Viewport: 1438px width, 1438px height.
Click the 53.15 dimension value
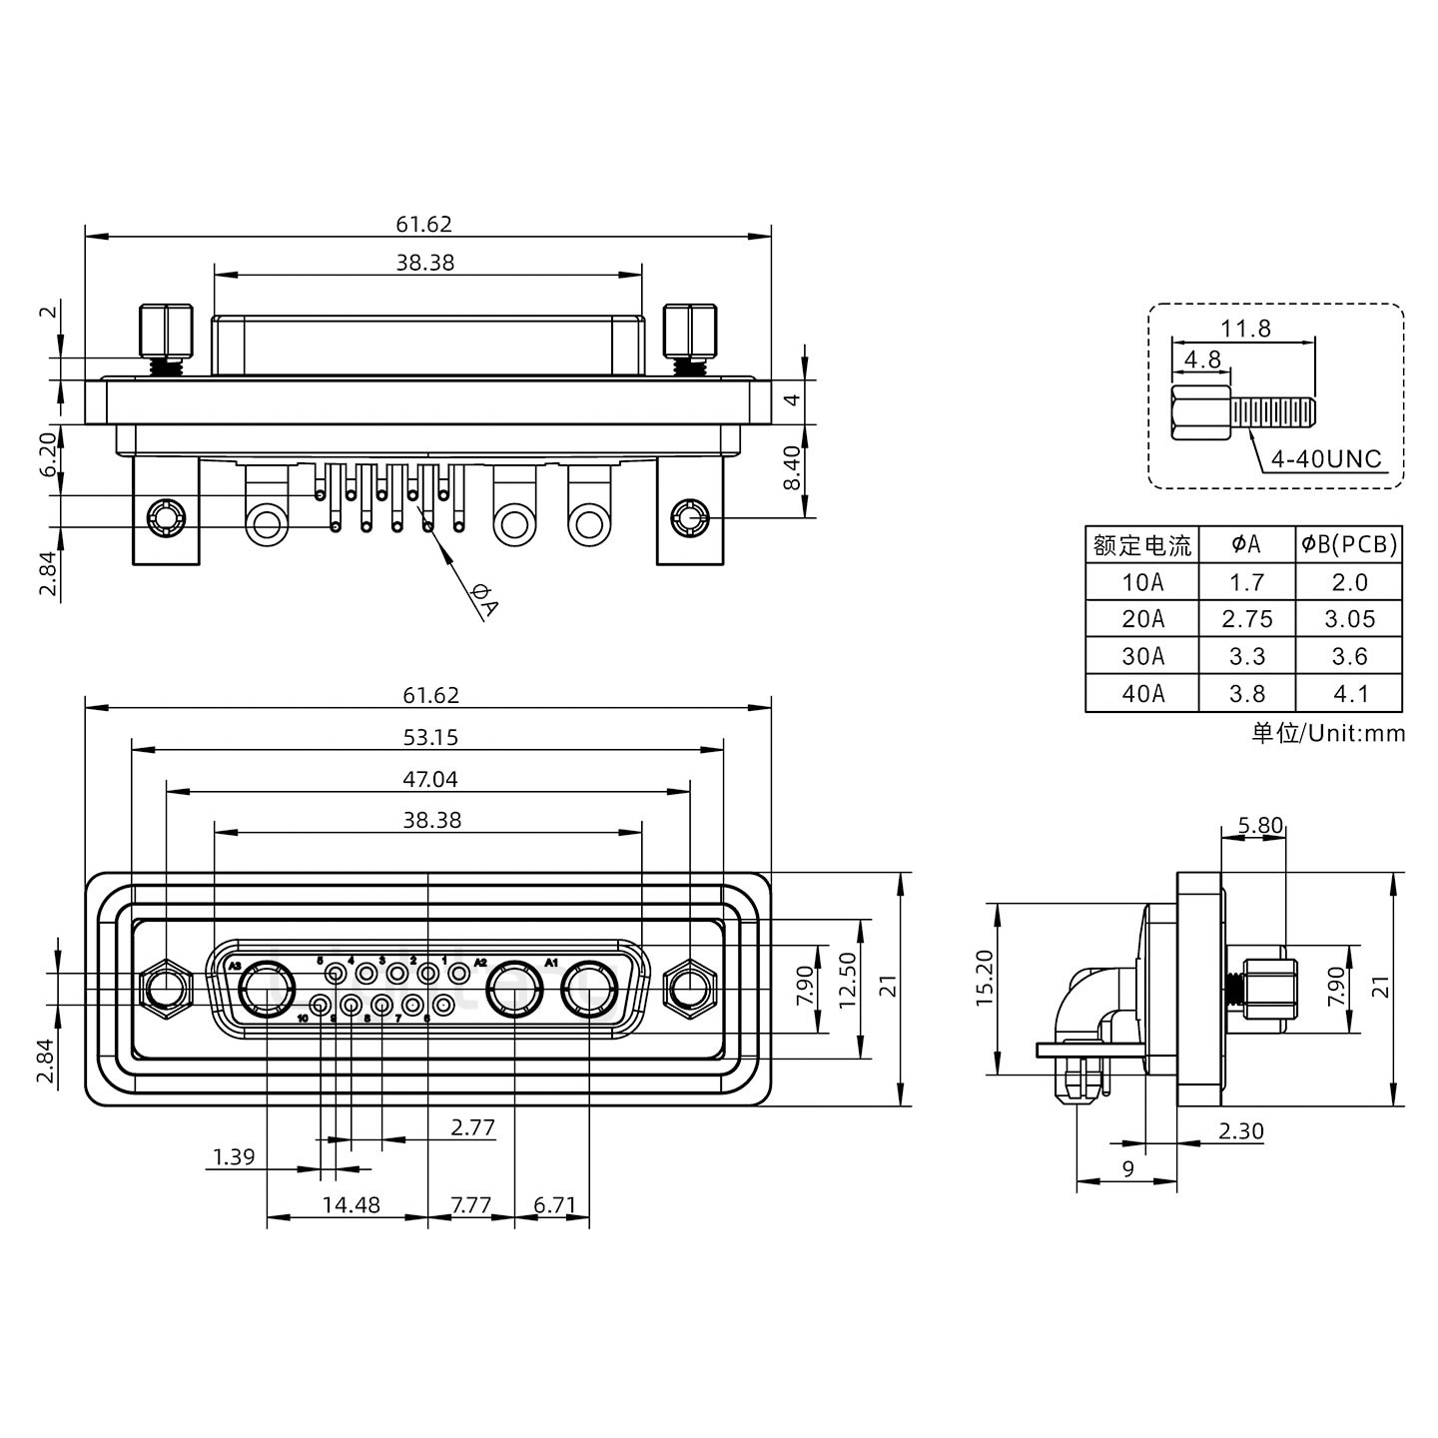(430, 737)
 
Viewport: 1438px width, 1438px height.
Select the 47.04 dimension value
(430, 779)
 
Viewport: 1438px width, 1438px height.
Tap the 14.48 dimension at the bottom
(351, 1205)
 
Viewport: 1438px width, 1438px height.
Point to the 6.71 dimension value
(554, 1205)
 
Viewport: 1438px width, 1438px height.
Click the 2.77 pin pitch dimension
(472, 1128)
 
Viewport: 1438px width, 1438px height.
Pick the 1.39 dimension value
(234, 1157)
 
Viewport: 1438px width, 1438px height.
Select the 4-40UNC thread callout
(1325, 459)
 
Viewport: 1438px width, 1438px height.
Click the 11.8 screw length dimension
(1245, 328)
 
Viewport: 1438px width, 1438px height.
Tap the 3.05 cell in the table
(1349, 619)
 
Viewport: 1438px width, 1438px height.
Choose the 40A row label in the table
(1142, 694)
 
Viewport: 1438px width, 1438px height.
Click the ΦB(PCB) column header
(1349, 544)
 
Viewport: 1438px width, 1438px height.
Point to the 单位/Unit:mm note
(1328, 734)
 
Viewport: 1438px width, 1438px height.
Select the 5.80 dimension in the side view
(1259, 826)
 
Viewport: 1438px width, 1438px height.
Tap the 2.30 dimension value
(1240, 1131)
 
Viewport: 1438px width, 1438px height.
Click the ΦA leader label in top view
(483, 601)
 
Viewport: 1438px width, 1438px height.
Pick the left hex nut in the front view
(167, 990)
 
